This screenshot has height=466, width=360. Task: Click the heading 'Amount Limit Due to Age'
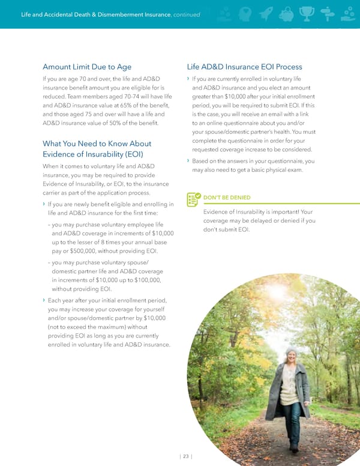point(87,67)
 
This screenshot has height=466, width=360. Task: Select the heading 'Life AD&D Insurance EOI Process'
point(245,67)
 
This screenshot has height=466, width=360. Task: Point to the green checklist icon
point(193,199)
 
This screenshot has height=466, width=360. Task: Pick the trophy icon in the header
point(307,14)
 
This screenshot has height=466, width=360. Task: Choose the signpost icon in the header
point(327,14)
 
